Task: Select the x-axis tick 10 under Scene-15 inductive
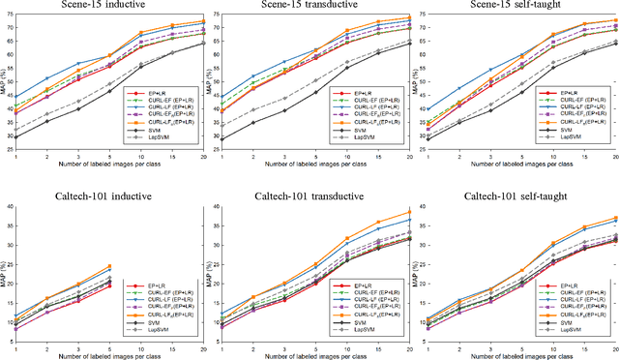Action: (140, 157)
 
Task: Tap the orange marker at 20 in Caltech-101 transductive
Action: (409, 212)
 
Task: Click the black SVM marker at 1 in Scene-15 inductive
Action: (15, 137)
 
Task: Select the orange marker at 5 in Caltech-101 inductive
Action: (109, 266)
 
